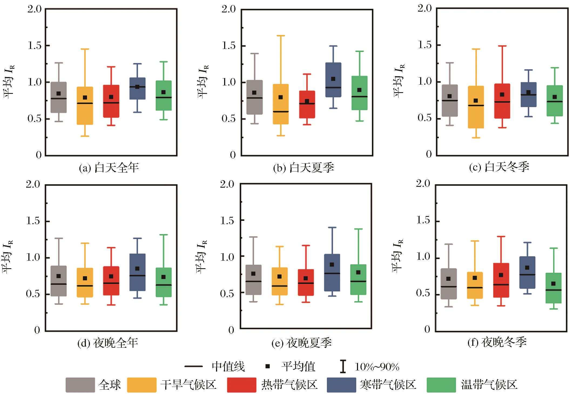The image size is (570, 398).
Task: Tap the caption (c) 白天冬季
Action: coord(499,167)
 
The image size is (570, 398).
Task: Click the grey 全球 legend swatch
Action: coord(80,385)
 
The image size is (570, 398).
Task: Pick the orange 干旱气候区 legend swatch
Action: coord(141,385)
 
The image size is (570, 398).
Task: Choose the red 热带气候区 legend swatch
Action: coord(241,385)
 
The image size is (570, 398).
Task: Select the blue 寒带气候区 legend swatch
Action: coord(341,385)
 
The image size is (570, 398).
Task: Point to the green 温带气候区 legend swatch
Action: coord(441,385)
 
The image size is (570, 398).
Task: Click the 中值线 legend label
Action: coord(228,367)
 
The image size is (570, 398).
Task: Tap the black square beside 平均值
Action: coord(268,366)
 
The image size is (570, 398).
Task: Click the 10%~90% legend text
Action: coord(377,367)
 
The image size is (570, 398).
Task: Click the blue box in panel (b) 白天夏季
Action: coord(333,80)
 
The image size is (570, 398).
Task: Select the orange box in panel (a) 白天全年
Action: coord(85,106)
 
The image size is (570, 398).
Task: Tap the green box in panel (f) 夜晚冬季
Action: coord(553,288)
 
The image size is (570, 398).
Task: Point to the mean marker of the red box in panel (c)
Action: coord(502,95)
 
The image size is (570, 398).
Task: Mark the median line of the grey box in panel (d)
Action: coord(59,284)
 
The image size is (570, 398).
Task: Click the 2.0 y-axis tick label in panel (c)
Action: coord(425,8)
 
